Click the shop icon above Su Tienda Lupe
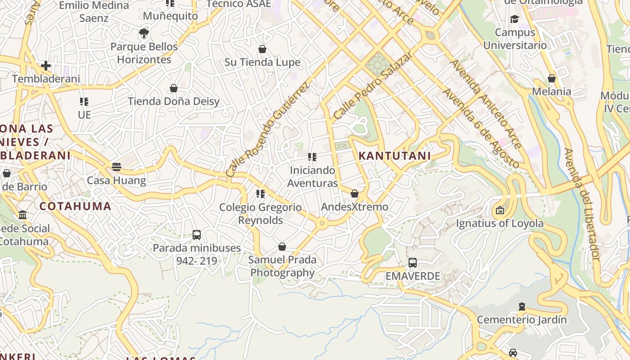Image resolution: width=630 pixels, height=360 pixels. pos(262,49)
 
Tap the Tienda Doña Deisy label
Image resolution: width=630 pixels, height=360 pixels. pos(174,101)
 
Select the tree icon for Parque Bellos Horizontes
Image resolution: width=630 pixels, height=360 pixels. pos(144,33)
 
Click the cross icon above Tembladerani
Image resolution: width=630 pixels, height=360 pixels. pos(46,66)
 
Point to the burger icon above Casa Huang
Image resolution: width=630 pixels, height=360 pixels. pos(117,167)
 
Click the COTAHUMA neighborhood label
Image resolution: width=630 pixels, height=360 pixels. pos(75,207)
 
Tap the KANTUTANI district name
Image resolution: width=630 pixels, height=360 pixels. pos(395,156)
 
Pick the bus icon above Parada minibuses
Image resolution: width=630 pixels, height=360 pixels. pos(197,234)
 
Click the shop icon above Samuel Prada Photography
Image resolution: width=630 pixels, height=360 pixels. pos(282,247)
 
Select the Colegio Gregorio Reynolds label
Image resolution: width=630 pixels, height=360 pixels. pos(261,214)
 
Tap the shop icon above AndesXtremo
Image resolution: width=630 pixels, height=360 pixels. pos(355,193)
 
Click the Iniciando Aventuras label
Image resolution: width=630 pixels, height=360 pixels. pos(313,177)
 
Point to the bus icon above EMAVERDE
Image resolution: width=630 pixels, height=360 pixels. pos(413,263)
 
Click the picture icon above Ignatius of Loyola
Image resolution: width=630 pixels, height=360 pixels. pos(499,210)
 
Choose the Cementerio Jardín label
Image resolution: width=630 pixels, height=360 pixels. pos(522,320)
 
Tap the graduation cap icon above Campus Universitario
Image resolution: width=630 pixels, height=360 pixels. pos(514,19)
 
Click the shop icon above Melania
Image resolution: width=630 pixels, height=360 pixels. pos(552,78)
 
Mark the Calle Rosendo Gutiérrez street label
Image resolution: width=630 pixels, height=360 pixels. pos(267,130)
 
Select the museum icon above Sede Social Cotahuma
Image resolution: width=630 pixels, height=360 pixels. pos(23,215)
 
